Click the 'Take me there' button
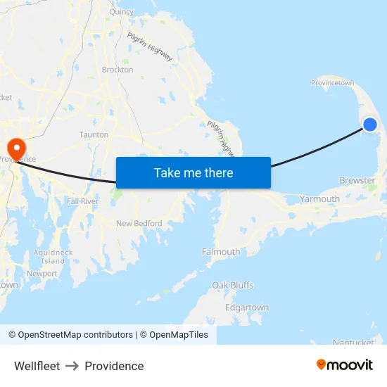[x=193, y=172]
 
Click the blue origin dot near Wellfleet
[x=369, y=125]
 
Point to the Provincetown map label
[x=332, y=83]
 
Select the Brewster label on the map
[x=357, y=181]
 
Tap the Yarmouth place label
[x=319, y=199]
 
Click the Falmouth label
[x=221, y=252]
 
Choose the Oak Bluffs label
[x=233, y=285]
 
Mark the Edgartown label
[x=246, y=307]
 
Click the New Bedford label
[x=139, y=224]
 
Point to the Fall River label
[x=82, y=201]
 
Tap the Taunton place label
[x=94, y=134]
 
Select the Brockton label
[x=118, y=70]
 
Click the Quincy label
[x=121, y=12]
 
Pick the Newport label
[x=42, y=274]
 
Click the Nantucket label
[x=353, y=343]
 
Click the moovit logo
[x=344, y=365]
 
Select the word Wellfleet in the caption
[x=37, y=366]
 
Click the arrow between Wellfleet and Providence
[x=72, y=366]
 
